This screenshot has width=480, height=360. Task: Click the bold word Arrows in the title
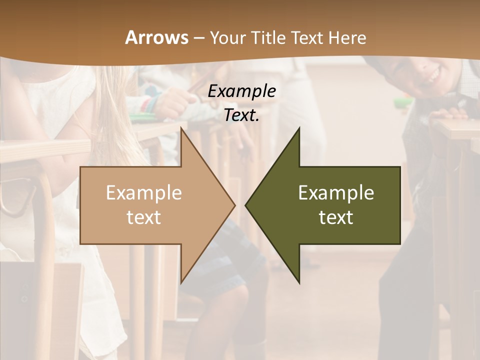[156, 37]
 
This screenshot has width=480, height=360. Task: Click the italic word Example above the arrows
[241, 91]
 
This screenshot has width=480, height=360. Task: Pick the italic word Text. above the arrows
[241, 115]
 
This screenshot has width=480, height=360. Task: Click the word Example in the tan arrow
[144, 192]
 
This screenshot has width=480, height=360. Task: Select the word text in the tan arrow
[144, 217]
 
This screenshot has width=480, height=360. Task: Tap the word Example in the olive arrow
[336, 192]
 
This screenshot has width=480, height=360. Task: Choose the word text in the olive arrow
[336, 217]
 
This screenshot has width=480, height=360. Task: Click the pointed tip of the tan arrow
[233, 205]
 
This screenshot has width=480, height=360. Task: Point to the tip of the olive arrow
[246, 205]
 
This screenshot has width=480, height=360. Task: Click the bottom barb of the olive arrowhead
[298, 281]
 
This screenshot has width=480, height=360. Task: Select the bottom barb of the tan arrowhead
[182, 281]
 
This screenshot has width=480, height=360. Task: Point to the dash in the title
[198, 38]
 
